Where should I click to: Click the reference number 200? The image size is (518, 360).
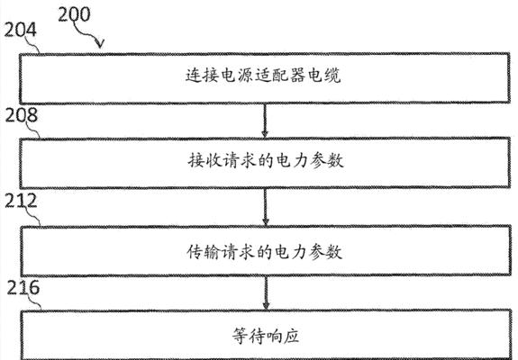click(x=74, y=14)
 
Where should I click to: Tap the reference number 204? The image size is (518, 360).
click(x=20, y=30)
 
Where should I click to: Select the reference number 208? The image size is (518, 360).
click(x=21, y=115)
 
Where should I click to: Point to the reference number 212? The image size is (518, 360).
click(x=21, y=201)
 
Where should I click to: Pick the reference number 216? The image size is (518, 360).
click(x=23, y=288)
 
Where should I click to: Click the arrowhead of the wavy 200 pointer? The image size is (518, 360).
click(x=100, y=44)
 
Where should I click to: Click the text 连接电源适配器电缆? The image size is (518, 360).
click(x=263, y=76)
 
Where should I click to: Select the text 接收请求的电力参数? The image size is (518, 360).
click(x=266, y=161)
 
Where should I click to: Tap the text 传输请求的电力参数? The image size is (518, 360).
click(x=265, y=252)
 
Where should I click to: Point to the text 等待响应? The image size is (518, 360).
click(x=266, y=336)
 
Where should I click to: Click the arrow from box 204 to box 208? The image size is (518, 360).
click(x=265, y=121)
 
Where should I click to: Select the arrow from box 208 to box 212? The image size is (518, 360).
click(x=265, y=207)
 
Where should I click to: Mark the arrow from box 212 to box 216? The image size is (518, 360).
click(x=266, y=292)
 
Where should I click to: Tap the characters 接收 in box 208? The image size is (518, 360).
click(x=204, y=161)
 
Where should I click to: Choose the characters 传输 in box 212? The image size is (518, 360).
click(x=204, y=252)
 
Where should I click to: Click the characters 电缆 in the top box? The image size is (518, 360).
click(x=324, y=76)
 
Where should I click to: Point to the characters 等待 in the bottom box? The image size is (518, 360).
click(x=249, y=336)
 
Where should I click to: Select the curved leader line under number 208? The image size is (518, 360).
click(x=33, y=130)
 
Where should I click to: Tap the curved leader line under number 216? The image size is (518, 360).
click(x=35, y=301)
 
